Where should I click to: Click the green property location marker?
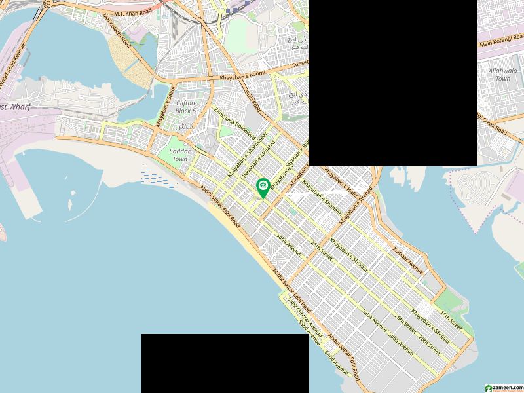263,187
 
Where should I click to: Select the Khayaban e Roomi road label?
242,75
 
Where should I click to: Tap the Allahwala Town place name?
502,74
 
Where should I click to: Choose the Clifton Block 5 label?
185,107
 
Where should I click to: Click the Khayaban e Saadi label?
164,106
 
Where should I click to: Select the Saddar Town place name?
179,155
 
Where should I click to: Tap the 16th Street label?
451,320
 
